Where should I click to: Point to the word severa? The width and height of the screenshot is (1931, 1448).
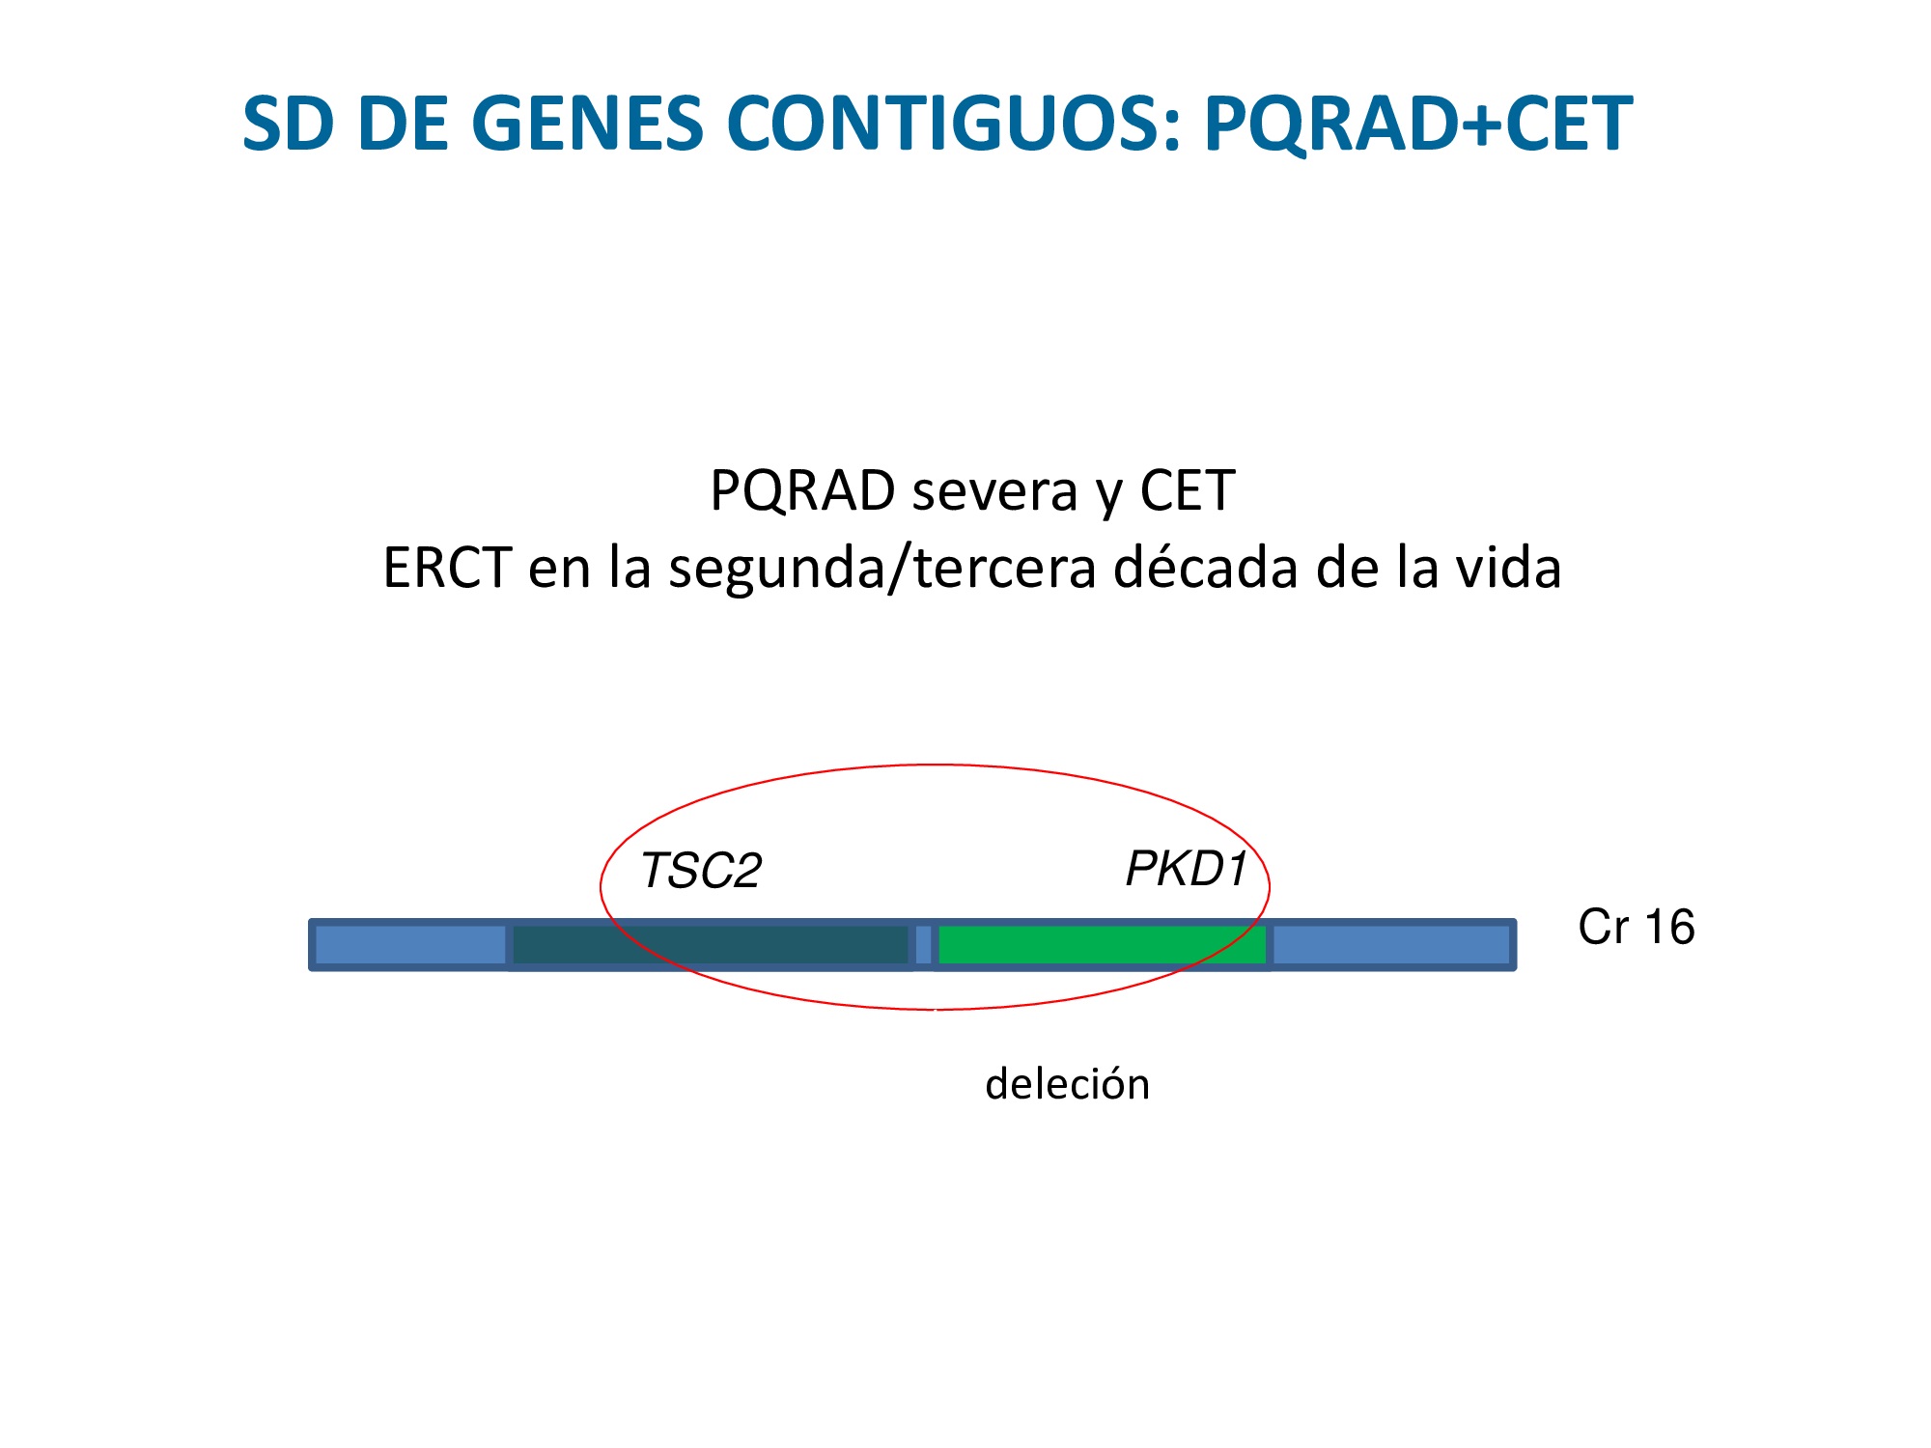[994, 491]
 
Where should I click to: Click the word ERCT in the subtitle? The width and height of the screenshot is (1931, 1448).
[447, 568]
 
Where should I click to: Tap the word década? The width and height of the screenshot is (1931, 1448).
[1206, 567]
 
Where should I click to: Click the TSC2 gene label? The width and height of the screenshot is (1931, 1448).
[701, 871]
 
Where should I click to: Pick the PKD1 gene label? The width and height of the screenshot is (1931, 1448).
[1187, 869]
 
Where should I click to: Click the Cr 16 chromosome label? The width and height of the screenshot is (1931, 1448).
[1637, 928]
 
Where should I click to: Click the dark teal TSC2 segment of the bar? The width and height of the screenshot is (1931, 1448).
[711, 945]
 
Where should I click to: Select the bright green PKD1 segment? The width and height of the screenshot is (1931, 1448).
[1102, 945]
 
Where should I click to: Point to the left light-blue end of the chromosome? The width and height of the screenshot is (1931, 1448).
[409, 945]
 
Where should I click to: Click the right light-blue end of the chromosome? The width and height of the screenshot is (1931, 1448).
[1392, 945]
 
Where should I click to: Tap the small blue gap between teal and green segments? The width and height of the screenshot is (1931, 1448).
[924, 945]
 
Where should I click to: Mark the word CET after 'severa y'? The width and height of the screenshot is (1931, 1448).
[1188, 491]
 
